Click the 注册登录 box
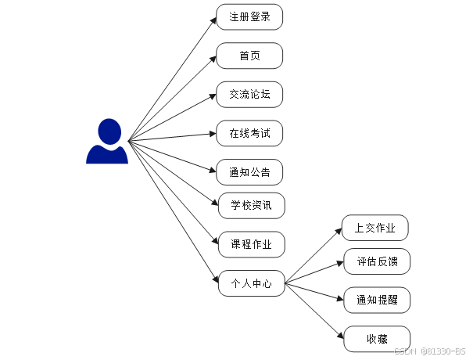249,16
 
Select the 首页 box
249,56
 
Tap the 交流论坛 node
249,94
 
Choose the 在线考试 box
249,133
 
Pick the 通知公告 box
249,172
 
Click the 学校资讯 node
251,205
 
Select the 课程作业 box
251,244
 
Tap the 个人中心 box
251,283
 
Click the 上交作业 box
375,228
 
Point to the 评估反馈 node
377,261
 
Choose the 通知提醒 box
377,300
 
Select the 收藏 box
377,339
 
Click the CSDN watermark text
429,351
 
